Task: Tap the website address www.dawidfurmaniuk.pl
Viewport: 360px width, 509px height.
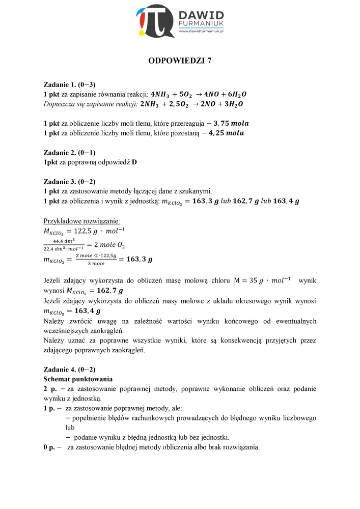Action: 202,32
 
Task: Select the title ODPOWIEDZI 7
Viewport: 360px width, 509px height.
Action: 180,61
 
